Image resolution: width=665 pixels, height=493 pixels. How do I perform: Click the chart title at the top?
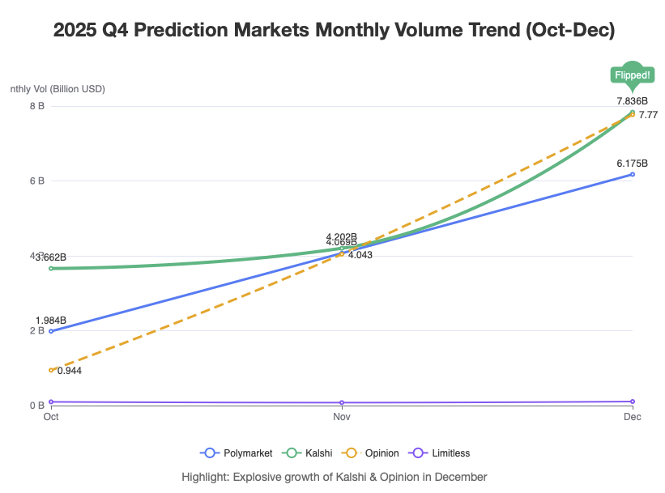(334, 31)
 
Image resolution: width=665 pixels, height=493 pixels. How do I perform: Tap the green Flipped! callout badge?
(633, 75)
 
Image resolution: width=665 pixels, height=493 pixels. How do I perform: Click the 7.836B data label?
(632, 100)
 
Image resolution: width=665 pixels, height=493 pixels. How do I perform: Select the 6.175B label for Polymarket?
(632, 163)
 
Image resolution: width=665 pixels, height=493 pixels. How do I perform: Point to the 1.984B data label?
(50, 319)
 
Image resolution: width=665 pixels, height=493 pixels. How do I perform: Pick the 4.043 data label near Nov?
(360, 255)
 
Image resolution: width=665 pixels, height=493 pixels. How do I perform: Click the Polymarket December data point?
(633, 174)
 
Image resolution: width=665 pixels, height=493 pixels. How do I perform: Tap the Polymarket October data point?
(51, 331)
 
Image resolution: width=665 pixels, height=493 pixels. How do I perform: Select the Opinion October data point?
(51, 370)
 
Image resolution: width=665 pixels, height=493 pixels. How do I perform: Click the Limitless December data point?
(633, 402)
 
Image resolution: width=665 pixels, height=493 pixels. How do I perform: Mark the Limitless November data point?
(342, 402)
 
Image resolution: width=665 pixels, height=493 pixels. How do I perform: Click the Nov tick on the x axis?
(342, 417)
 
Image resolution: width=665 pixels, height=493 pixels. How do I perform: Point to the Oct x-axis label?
(51, 417)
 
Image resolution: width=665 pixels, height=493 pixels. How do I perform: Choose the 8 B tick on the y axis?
(36, 105)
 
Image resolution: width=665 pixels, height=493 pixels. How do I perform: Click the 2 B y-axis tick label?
(36, 330)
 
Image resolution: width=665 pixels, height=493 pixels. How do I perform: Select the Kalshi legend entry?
(307, 453)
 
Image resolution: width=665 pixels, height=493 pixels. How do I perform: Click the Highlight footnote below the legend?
(334, 477)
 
